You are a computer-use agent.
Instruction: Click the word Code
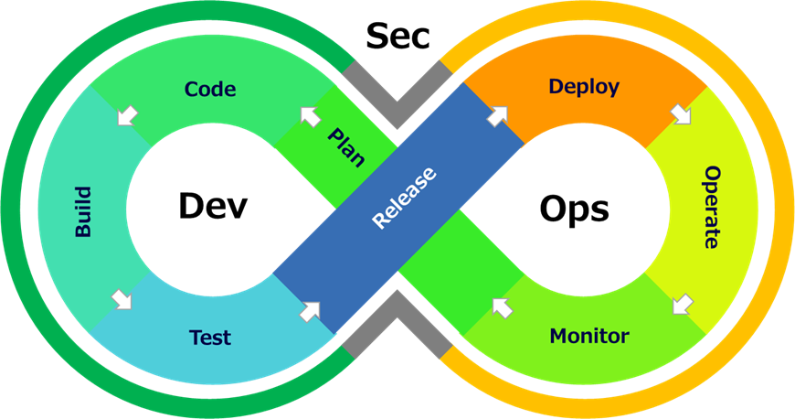coord(210,89)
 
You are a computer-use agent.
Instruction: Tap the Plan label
coord(346,147)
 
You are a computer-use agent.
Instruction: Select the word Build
coord(83,211)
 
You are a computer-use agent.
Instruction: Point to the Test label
coord(210,337)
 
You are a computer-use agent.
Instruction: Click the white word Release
coord(404,197)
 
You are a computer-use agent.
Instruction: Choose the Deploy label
coord(584,87)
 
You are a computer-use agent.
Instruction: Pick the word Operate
coord(713,208)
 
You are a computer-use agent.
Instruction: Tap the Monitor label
coord(589,336)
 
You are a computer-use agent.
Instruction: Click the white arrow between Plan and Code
coord(311,116)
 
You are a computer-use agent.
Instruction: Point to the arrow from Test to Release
coord(311,310)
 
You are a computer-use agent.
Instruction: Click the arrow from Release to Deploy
coord(497,116)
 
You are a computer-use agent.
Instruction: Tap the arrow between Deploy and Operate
coord(681,114)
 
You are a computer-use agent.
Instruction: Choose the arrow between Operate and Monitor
coord(681,303)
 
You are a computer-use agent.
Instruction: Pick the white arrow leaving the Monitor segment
coord(502,307)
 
